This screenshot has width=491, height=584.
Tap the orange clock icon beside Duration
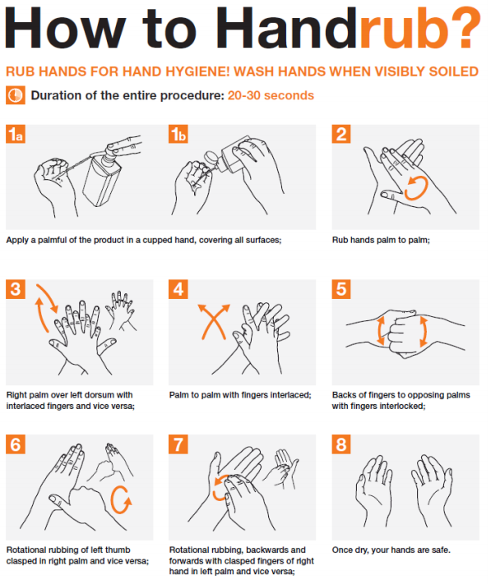tap(16, 95)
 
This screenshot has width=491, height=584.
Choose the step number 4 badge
tap(178, 290)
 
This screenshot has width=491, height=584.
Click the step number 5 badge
tap(341, 290)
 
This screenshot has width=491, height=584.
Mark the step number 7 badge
tap(178, 444)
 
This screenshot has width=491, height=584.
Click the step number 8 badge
tap(341, 444)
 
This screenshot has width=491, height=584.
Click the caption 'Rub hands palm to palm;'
tap(381, 241)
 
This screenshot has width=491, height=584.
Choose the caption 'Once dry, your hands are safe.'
tap(391, 550)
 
